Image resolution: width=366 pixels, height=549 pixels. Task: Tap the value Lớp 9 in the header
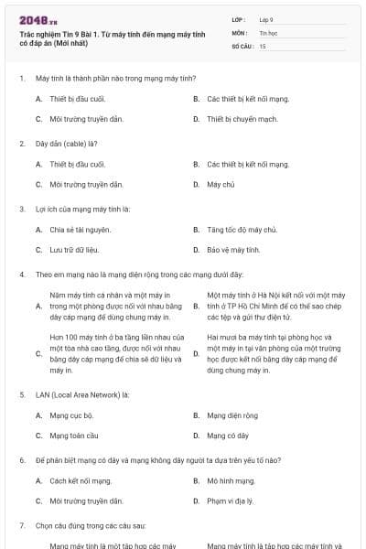(265, 18)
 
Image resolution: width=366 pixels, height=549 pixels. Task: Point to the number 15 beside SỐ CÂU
(263, 45)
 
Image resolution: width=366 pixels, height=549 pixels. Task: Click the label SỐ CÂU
(242, 45)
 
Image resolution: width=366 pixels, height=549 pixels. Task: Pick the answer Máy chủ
(221, 184)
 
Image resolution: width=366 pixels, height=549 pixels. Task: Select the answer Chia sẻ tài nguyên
(81, 229)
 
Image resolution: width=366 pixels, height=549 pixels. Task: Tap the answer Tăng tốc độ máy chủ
(242, 229)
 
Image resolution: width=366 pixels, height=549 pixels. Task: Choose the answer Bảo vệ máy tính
(234, 249)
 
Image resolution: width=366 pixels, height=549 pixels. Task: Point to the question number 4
(21, 274)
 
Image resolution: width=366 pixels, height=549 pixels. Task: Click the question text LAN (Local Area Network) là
(82, 394)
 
